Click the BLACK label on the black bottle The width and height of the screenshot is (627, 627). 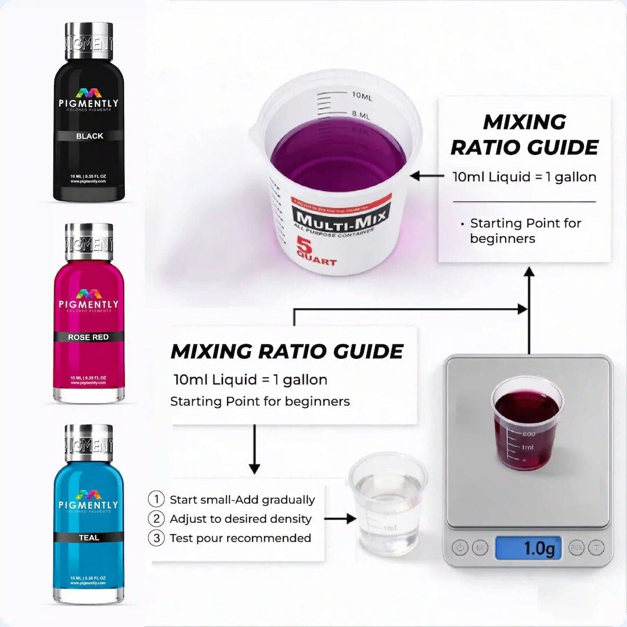[x=89, y=136]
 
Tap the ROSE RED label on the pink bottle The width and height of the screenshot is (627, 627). [x=88, y=337]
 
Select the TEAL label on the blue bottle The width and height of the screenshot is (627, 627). [x=89, y=538]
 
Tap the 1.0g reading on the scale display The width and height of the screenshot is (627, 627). [x=528, y=548]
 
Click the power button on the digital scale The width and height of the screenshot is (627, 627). [x=460, y=547]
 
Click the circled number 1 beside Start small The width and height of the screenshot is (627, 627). [x=156, y=499]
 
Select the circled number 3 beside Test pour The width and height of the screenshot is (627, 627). [x=156, y=538]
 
